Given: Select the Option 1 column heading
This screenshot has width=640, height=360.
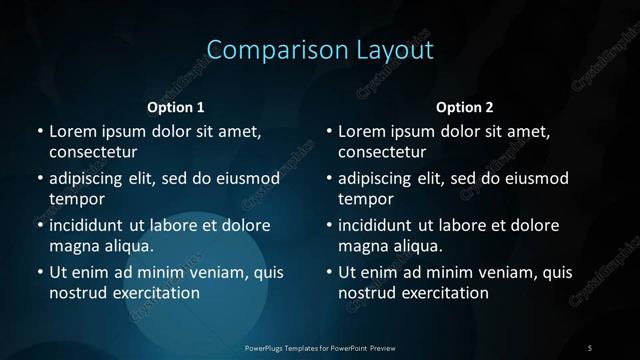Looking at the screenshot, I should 176,107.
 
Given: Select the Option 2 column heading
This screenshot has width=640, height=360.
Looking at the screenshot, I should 465,107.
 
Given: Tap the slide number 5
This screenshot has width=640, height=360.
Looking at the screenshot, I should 590,347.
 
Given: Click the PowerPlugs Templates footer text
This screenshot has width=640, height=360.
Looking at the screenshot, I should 320,347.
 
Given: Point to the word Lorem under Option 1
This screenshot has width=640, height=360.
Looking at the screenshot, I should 73,131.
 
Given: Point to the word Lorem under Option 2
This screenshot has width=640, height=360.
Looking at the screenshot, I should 363,131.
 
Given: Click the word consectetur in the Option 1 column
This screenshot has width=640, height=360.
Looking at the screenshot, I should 93,153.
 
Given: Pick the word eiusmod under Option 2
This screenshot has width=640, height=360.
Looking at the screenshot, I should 534,178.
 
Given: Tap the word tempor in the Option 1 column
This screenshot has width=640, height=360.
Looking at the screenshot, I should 76,200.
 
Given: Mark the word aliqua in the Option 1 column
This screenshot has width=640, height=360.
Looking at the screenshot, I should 130,246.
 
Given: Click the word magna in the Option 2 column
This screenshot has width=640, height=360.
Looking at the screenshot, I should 362,246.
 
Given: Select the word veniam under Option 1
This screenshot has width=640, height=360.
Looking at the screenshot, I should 208,272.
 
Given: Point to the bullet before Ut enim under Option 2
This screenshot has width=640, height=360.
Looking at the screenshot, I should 329,272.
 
